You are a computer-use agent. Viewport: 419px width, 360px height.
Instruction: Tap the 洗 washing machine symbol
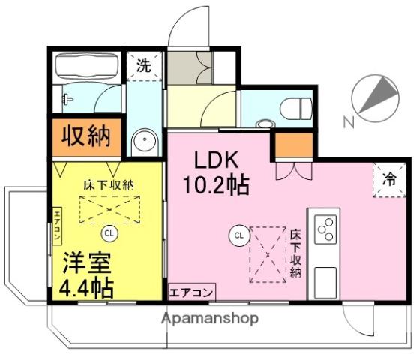pyautogui.click(x=142, y=65)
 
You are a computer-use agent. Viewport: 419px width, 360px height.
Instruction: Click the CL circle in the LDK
pyautogui.click(x=238, y=235)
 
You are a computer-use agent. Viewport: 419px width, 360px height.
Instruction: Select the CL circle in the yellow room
pyautogui.click(x=109, y=232)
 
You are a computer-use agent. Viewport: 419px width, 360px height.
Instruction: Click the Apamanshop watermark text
pyautogui.click(x=210, y=318)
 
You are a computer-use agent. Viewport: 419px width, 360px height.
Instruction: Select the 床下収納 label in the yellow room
pyautogui.click(x=108, y=183)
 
